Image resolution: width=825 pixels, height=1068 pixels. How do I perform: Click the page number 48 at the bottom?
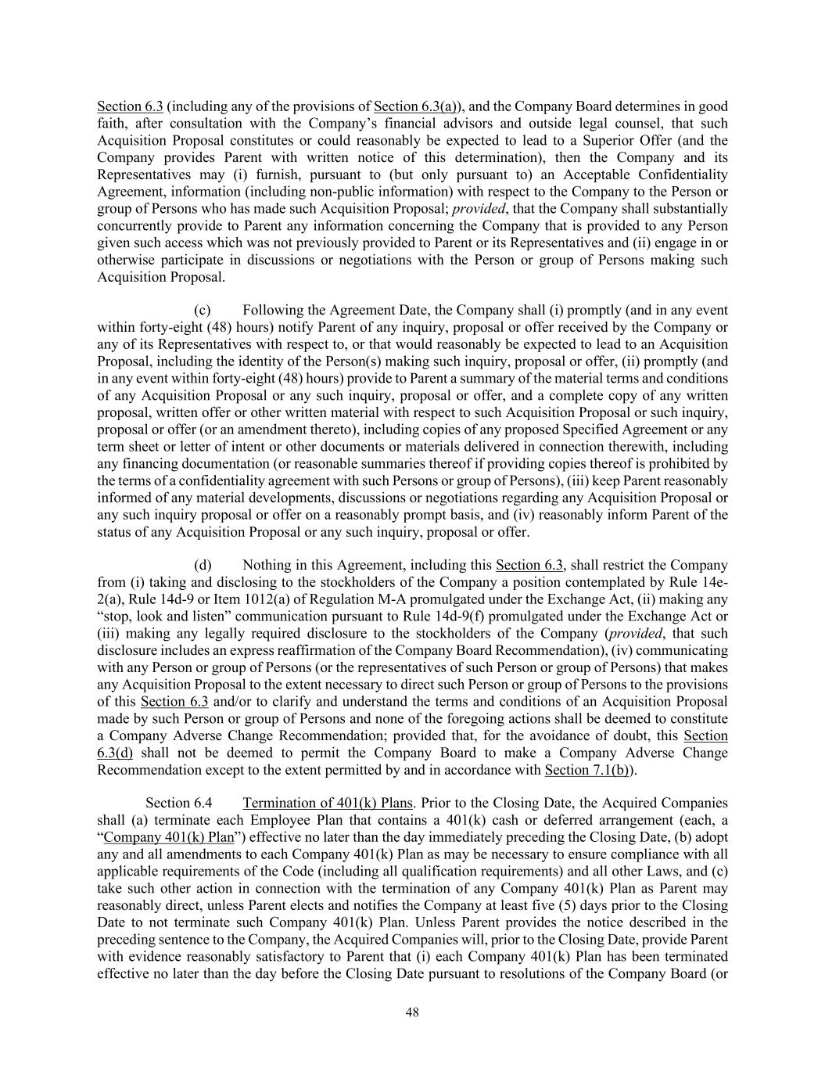point(412,1012)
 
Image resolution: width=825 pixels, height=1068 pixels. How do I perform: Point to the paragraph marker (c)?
point(203,311)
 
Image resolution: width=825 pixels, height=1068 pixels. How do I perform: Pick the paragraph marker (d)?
point(203,565)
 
